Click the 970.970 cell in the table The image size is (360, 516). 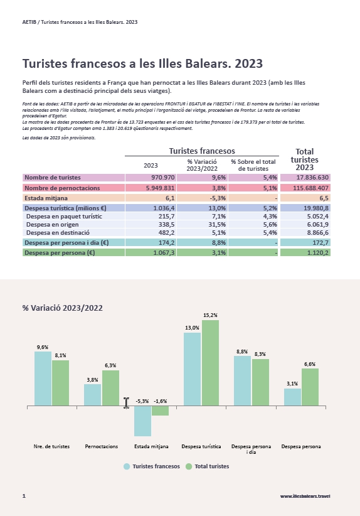pos(163,178)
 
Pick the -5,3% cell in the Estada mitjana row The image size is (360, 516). pos(218,198)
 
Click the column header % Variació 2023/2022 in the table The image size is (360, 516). pos(202,165)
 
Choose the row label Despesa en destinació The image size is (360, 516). pos(58,233)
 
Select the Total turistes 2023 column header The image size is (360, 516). pos(304,159)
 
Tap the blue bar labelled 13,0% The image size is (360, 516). pos(192,369)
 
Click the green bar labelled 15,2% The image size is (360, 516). pos(210,363)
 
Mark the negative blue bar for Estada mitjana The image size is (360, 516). pos(143,421)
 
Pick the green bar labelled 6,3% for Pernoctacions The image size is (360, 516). pos(111,388)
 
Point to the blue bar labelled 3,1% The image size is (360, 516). pos(293,397)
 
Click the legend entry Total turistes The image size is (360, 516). pos(208,466)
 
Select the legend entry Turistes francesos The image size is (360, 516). pos(152,466)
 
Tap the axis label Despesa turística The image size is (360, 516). pos(201,446)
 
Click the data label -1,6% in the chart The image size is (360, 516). pos(161,401)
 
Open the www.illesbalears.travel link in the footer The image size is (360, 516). pos(305,496)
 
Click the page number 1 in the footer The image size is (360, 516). pos(24,496)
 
